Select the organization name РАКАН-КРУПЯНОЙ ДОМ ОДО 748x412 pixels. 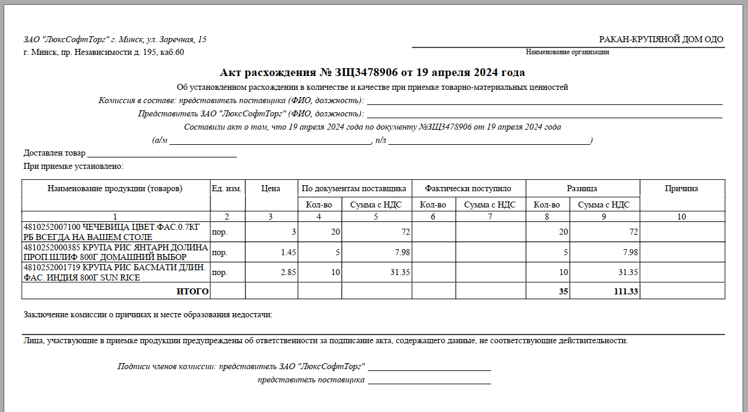(x=661, y=40)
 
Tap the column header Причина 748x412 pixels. (x=681, y=189)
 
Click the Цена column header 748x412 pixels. (x=271, y=189)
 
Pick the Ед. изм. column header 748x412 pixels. (x=227, y=189)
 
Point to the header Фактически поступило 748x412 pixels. (x=468, y=189)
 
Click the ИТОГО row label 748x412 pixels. (x=192, y=292)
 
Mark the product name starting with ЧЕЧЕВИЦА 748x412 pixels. (x=115, y=232)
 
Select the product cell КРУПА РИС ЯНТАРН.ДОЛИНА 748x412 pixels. (x=115, y=252)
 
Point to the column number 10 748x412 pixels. (x=681, y=217)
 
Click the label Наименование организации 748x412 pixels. (x=567, y=52)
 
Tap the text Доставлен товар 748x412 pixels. (x=54, y=153)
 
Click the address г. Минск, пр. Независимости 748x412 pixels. (x=104, y=52)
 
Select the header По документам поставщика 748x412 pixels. (x=354, y=189)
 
